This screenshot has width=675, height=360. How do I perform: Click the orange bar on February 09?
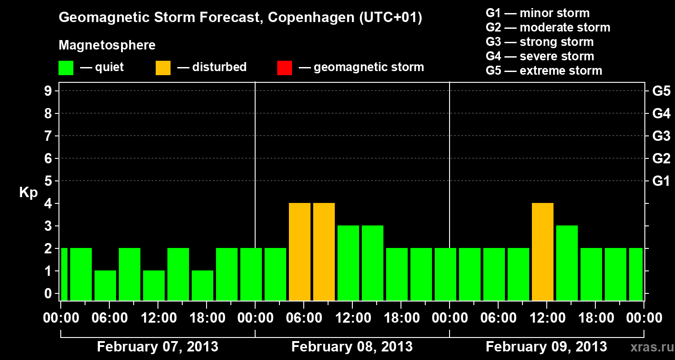tap(542, 252)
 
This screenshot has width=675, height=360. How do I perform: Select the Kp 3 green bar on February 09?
tap(567, 263)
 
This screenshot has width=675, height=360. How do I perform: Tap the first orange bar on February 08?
tap(299, 252)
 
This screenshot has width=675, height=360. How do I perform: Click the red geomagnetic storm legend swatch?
tap(284, 68)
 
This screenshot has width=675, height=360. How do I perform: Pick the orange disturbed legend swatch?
tap(163, 68)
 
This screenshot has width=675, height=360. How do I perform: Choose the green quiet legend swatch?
tap(66, 68)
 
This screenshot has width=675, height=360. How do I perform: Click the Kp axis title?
tap(28, 193)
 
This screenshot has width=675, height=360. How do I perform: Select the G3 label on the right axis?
tap(661, 136)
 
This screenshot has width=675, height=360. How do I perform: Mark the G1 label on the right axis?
tap(661, 181)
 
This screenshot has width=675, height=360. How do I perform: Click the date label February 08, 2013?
tap(352, 347)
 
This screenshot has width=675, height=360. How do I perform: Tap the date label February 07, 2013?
tap(157, 347)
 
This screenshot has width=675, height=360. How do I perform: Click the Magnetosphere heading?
tap(107, 45)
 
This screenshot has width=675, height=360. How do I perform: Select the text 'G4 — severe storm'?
tap(540, 56)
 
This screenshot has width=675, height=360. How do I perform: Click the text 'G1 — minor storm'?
tap(537, 13)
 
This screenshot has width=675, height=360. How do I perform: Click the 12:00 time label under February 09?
tap(546, 318)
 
